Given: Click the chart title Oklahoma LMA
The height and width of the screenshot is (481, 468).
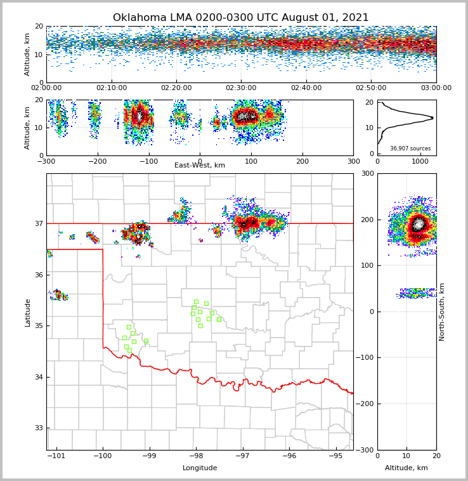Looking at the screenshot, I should click(x=241, y=18).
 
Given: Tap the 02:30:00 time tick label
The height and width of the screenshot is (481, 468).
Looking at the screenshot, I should click(x=241, y=88).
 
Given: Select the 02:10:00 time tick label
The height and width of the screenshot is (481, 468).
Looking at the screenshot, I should click(x=111, y=88).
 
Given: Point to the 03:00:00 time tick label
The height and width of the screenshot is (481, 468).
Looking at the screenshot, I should click(x=436, y=88).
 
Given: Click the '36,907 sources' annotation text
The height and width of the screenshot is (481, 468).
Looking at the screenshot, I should click(x=410, y=148).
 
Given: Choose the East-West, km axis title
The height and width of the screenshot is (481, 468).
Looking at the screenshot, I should click(x=200, y=166).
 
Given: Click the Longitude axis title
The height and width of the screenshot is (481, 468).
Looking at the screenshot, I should click(x=200, y=468).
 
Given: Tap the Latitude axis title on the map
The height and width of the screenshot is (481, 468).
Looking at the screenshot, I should click(x=28, y=312).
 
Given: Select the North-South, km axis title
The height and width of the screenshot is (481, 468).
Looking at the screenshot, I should click(x=442, y=312).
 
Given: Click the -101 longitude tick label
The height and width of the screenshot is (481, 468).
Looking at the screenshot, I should click(x=56, y=456).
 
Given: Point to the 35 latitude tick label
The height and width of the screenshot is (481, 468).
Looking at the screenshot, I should click(x=39, y=326).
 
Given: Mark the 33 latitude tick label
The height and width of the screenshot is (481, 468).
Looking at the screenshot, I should click(x=39, y=428).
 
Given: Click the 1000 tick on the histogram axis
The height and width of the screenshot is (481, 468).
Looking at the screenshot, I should click(x=420, y=161).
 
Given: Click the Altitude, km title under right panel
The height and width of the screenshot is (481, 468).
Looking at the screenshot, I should click(x=406, y=468).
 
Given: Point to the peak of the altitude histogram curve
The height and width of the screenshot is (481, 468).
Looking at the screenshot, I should click(x=433, y=117).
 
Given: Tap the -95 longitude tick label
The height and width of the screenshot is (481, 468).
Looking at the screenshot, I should click(x=335, y=456).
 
